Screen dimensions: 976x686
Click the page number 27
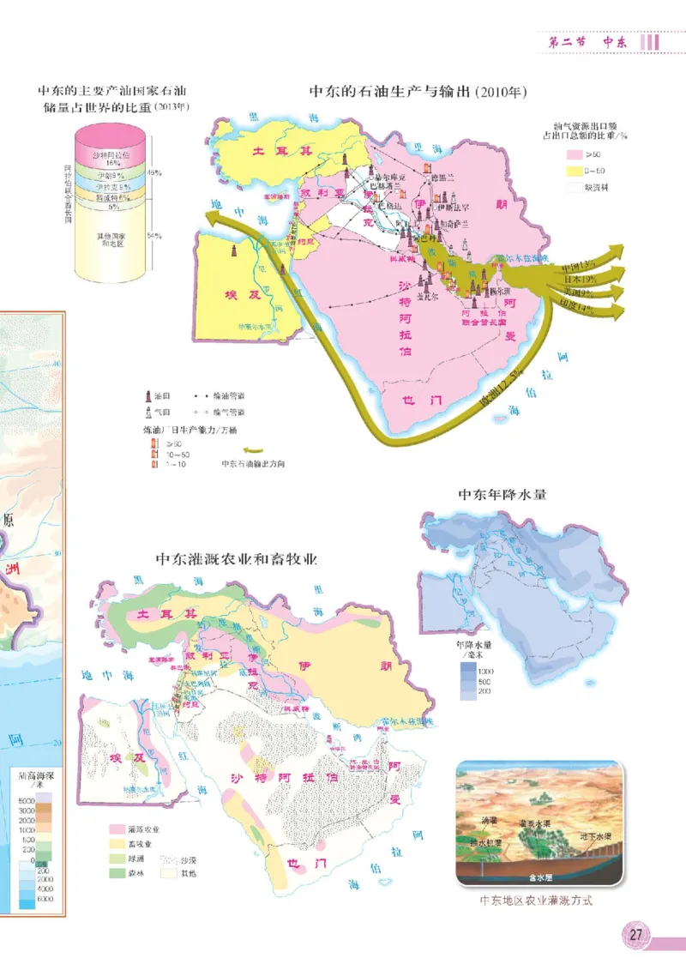(x=635, y=934)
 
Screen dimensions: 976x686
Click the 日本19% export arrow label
(x=580, y=279)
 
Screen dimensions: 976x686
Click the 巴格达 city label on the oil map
(x=395, y=206)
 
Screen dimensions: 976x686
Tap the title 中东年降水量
(x=502, y=494)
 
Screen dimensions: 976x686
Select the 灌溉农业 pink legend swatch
(x=116, y=829)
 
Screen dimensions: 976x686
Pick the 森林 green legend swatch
(x=116, y=872)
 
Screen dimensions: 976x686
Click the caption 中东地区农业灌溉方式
(x=536, y=901)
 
